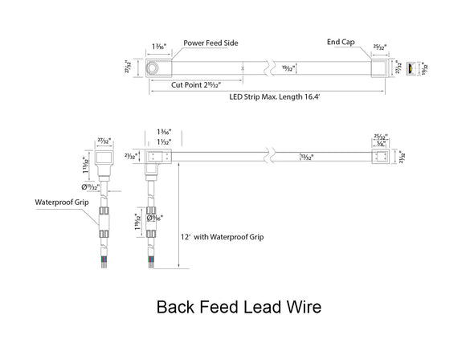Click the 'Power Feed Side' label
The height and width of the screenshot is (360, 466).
(x=211, y=43)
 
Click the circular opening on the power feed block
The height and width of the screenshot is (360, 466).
(x=151, y=71)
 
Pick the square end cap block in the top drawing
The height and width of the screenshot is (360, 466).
(x=380, y=70)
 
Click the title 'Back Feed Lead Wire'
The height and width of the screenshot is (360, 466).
(x=232, y=306)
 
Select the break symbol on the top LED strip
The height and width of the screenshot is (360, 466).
(x=276, y=70)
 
